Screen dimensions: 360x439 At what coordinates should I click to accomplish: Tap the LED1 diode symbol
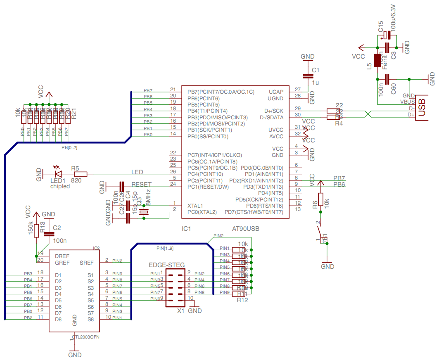point(58,174)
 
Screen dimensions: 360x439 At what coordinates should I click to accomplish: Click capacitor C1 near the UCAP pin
point(306,76)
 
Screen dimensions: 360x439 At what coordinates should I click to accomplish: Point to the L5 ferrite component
point(377,60)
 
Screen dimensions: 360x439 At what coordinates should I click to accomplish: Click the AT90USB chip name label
point(246,228)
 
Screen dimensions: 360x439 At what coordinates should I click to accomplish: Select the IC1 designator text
point(187,228)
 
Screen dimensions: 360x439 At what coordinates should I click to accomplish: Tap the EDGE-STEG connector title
point(167,265)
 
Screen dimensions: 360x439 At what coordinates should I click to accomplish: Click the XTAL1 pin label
point(195,206)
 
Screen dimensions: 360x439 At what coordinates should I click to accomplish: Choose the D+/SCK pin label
point(274,111)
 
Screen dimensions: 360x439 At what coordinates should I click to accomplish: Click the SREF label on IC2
point(86,263)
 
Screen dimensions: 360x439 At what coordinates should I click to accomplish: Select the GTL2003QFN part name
point(86,337)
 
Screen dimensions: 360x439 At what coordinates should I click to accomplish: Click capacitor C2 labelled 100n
point(49,234)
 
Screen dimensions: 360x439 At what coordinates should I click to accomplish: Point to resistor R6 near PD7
point(320,198)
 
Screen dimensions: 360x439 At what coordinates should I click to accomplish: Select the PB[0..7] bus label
point(69,147)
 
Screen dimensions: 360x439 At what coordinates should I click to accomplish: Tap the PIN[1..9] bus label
point(165,248)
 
